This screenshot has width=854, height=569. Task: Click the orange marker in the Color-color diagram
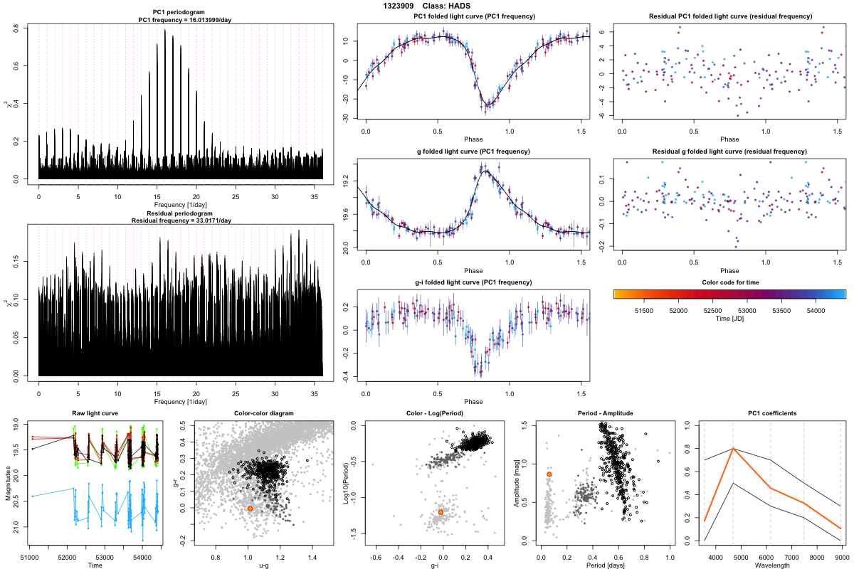tap(250, 509)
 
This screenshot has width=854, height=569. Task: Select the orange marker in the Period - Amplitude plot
tap(549, 474)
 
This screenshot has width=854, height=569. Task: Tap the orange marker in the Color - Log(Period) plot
tap(441, 512)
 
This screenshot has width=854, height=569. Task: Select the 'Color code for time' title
tap(729, 282)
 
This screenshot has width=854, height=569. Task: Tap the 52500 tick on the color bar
tap(712, 310)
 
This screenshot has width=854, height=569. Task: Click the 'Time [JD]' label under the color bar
tap(729, 320)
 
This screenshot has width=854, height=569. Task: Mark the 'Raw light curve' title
tap(95, 413)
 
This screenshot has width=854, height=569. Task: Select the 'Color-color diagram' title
tap(264, 413)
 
